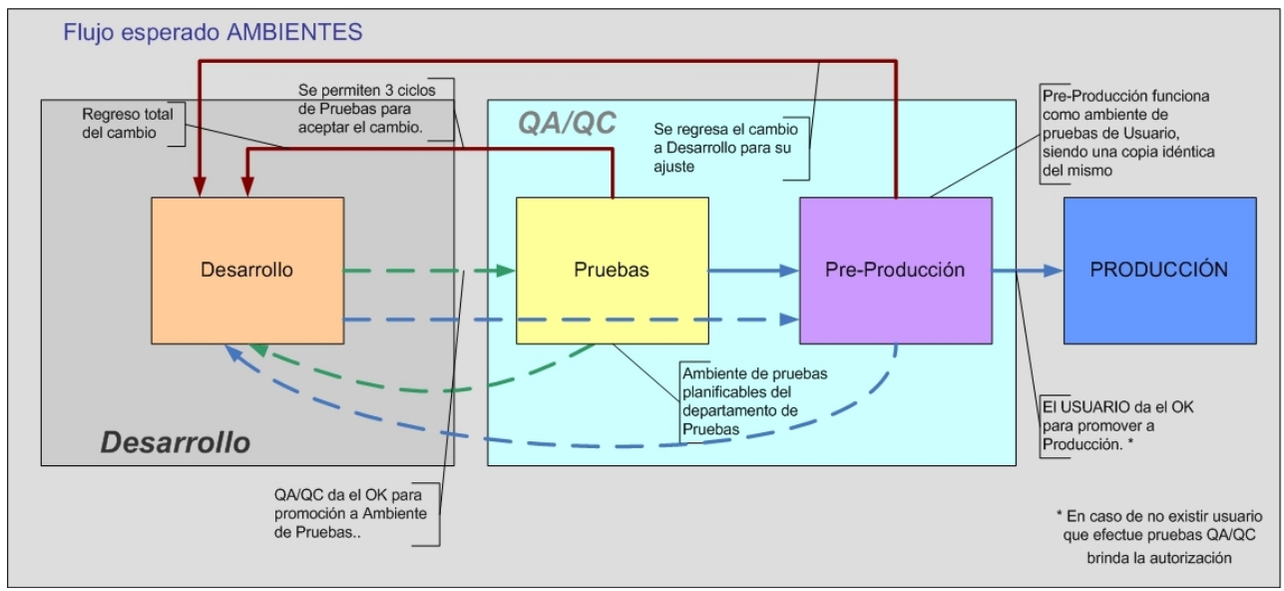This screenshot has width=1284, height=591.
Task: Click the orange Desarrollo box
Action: coord(246,270)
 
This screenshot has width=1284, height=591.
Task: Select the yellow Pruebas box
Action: coord(612,270)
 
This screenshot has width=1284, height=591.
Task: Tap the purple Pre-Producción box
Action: coord(895,270)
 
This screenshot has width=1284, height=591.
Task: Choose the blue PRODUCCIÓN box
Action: coord(1158,270)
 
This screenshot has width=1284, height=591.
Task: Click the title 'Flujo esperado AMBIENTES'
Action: coord(213,32)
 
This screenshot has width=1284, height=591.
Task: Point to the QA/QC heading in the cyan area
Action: coord(567,123)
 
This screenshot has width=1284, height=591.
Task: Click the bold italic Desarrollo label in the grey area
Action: coord(176,442)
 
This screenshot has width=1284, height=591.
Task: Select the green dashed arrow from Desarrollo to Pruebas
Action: coord(429,270)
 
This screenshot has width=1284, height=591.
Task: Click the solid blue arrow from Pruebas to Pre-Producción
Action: coord(753,270)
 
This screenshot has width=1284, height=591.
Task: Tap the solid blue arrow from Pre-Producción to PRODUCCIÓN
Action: coord(1028,270)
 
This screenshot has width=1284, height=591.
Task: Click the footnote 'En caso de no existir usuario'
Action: coord(1158,537)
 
